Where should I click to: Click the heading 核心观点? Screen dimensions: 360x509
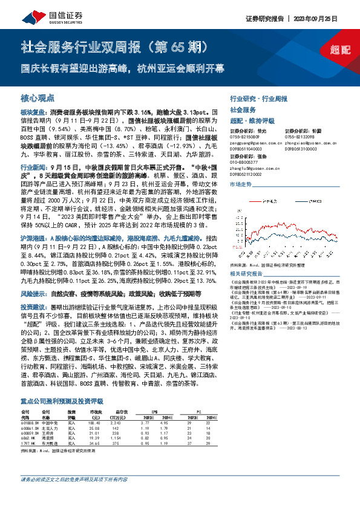click(x=38, y=97)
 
